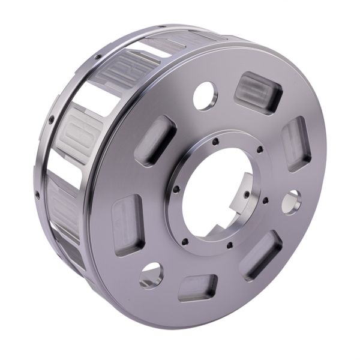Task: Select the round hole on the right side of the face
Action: (x=291, y=202)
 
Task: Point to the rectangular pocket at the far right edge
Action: (x=295, y=144)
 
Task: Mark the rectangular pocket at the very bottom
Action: (x=197, y=287)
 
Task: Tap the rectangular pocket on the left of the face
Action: (x=128, y=217)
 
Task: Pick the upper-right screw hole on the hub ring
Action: (x=257, y=151)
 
